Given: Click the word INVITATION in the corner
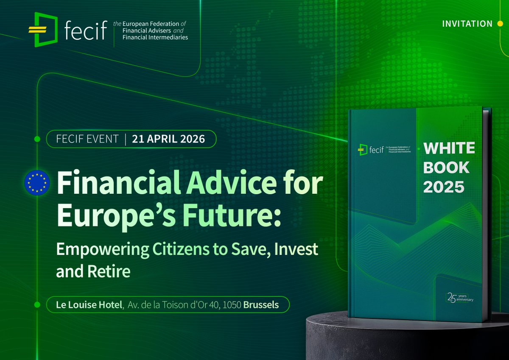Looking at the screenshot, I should coord(467,24).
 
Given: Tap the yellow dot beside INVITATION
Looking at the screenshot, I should coord(500,24).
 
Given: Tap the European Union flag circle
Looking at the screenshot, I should coord(37,183).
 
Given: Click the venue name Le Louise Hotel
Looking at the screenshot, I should coord(89,305).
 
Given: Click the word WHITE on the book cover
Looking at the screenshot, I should coord(449,148).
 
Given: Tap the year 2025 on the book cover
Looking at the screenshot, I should coord(443,187).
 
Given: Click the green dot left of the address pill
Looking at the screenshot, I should coord(37,305).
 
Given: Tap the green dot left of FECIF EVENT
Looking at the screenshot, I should coord(37,139).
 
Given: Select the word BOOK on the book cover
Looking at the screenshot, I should coord(446,167).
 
